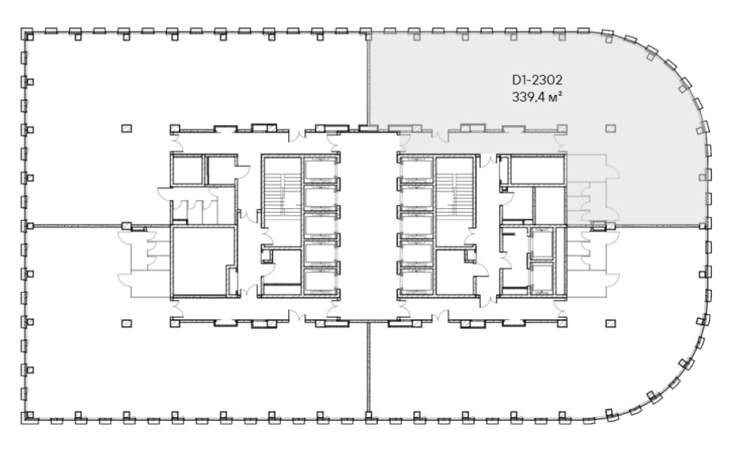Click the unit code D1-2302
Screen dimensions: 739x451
click(537, 80)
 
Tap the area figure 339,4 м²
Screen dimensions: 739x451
click(537, 97)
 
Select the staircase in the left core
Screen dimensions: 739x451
click(282, 194)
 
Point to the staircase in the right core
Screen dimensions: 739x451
click(456, 194)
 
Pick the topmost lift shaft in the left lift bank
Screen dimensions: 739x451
click(320, 169)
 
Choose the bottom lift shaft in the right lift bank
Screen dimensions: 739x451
click(417, 281)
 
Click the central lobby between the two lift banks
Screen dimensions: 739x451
click(368, 226)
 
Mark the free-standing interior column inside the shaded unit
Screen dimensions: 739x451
click(611, 128)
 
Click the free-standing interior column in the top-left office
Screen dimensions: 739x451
click(127, 128)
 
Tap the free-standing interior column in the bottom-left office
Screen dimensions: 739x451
click(127, 323)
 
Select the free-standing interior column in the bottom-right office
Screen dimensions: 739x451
click(611, 323)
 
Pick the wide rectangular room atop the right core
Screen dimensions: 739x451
click(537, 169)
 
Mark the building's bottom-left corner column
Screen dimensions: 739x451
click(27, 418)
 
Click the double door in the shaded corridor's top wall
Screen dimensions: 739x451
click(440, 136)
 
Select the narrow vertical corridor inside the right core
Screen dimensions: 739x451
click(488, 228)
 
